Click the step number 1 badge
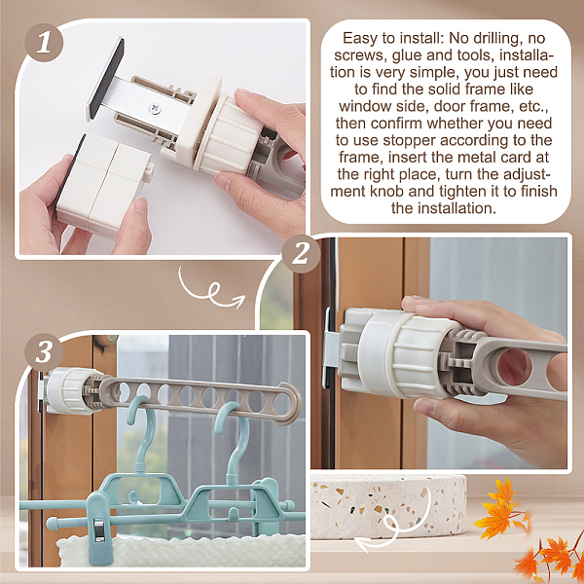44,43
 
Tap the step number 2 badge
302,254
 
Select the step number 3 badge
44,352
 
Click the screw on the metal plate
154,108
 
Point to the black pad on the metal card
106,79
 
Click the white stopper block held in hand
103,186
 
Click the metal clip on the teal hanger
100,529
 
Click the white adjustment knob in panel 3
69,390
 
